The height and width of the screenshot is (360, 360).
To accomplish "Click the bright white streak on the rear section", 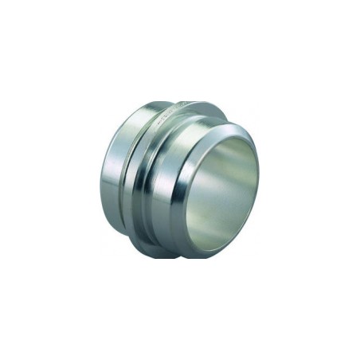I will [108, 175].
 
